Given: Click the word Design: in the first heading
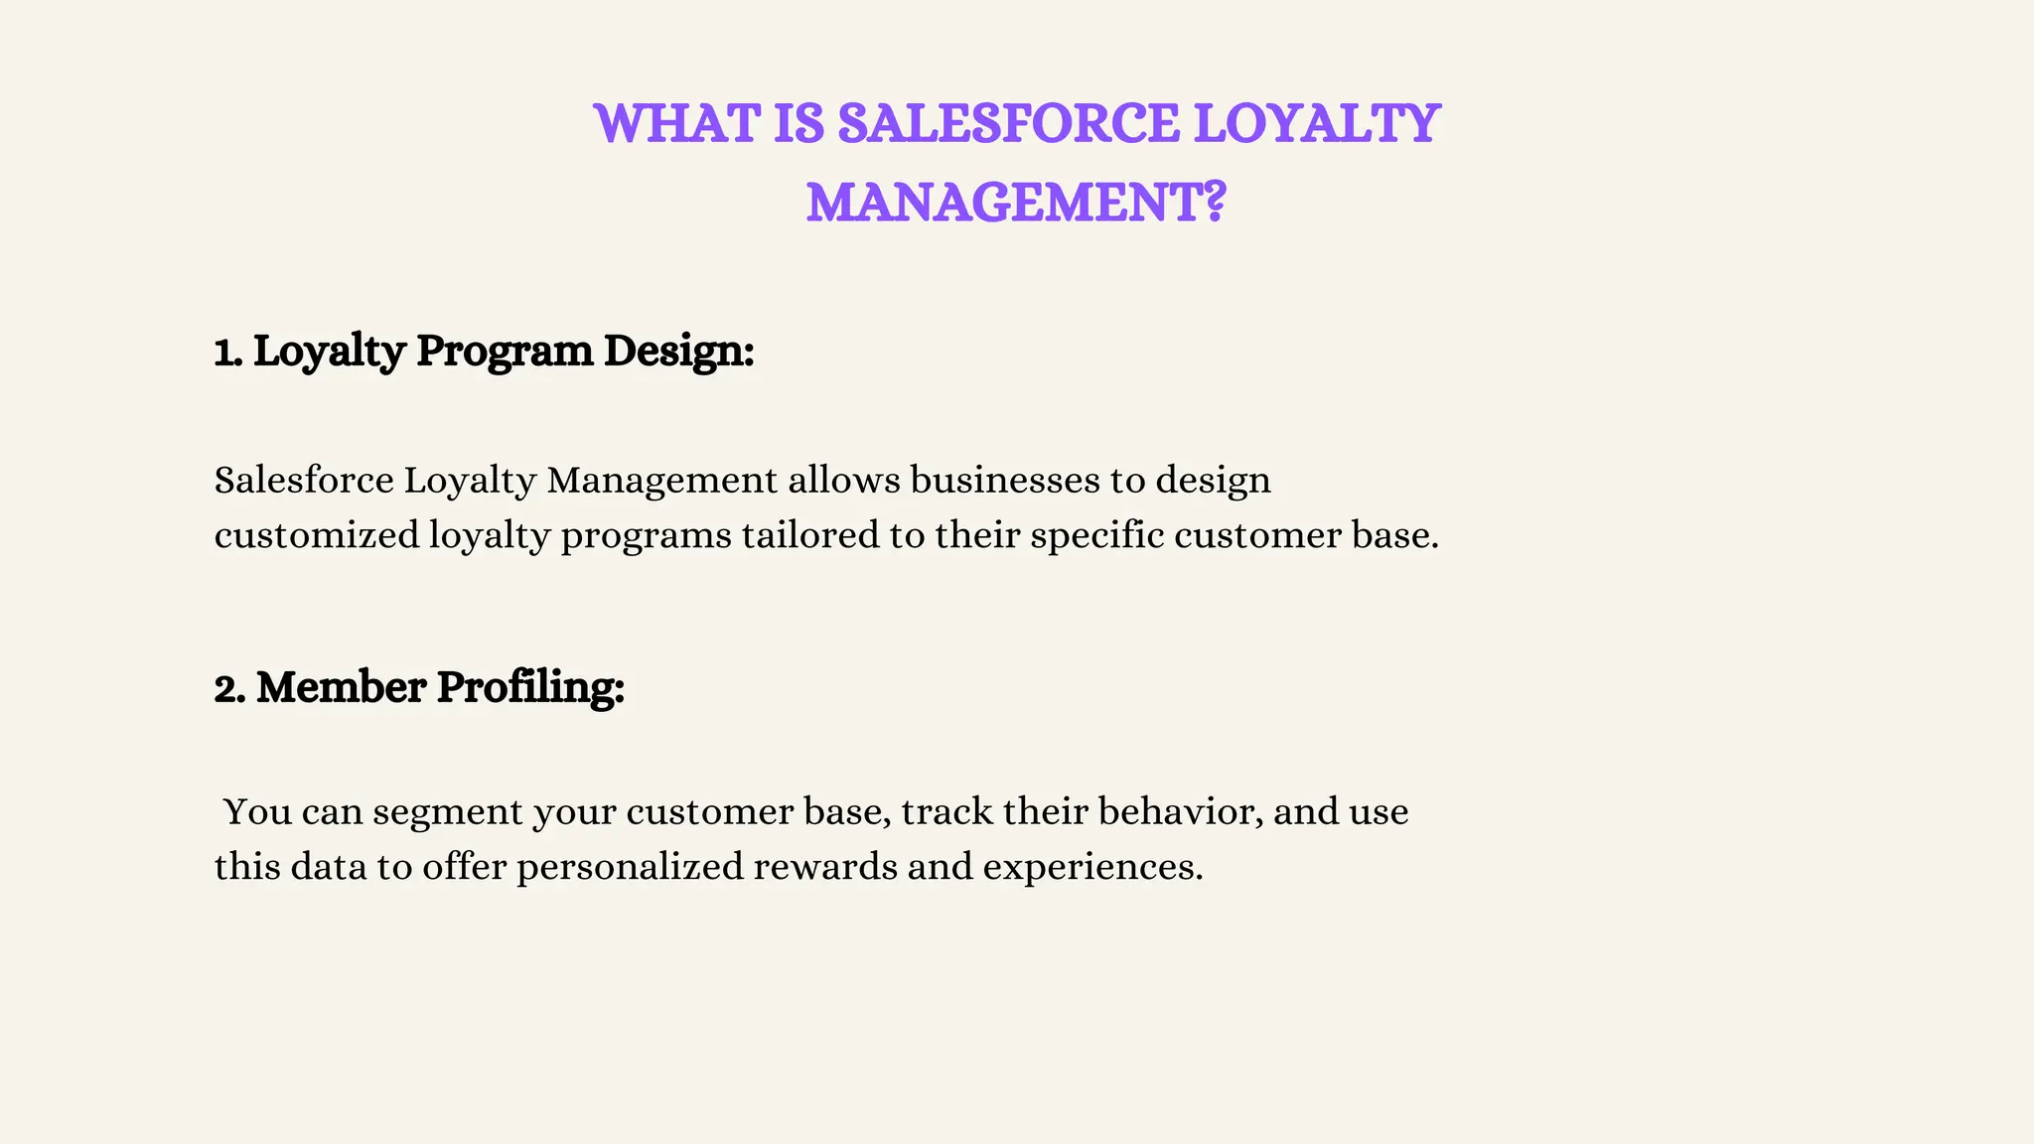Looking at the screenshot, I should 678,352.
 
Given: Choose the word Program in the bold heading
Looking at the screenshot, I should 504,352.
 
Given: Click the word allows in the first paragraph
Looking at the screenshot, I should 843,481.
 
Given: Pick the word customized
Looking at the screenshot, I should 317,536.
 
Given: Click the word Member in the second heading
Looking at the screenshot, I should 341,688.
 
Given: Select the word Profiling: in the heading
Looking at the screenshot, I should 530,688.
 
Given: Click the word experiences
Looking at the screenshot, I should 1092,867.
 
